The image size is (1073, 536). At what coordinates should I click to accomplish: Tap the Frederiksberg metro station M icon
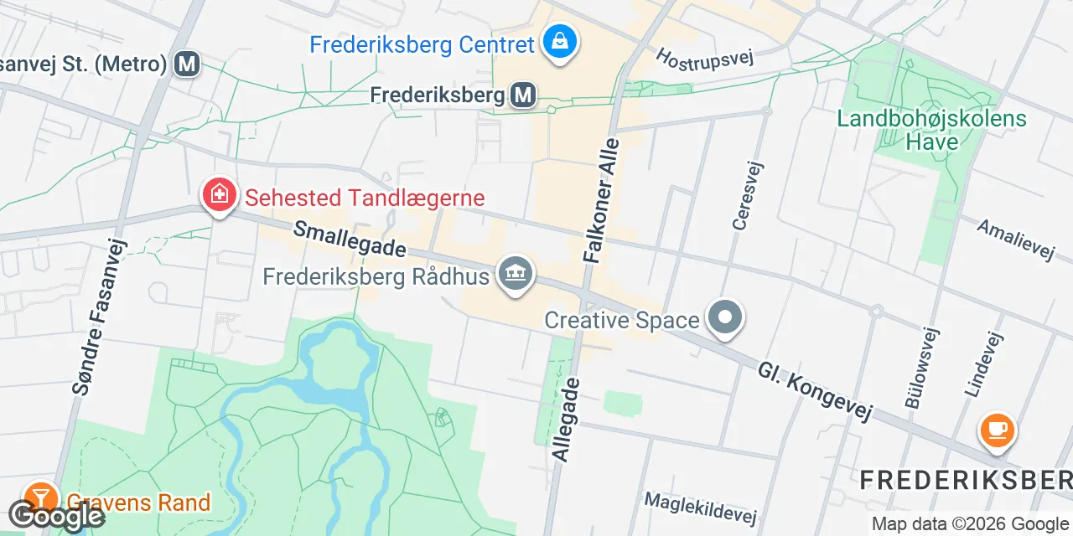click(x=524, y=95)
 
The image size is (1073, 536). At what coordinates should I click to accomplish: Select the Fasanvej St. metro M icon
click(x=188, y=64)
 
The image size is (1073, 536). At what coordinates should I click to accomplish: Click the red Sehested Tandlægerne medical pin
click(x=219, y=195)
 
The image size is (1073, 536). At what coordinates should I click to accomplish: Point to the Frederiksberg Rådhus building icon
click(x=516, y=273)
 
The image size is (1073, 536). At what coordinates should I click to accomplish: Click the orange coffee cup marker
click(x=997, y=431)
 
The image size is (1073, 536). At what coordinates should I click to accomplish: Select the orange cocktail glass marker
click(x=39, y=498)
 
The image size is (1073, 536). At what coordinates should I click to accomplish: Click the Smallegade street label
click(x=350, y=239)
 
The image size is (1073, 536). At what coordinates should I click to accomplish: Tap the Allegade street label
click(x=565, y=418)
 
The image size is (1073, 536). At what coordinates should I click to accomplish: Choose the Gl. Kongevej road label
click(x=815, y=392)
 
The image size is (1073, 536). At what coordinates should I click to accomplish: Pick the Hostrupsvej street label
click(x=705, y=56)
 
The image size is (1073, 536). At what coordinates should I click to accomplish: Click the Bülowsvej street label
click(x=920, y=368)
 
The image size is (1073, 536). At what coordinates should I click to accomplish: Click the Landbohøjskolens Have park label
click(x=931, y=130)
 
